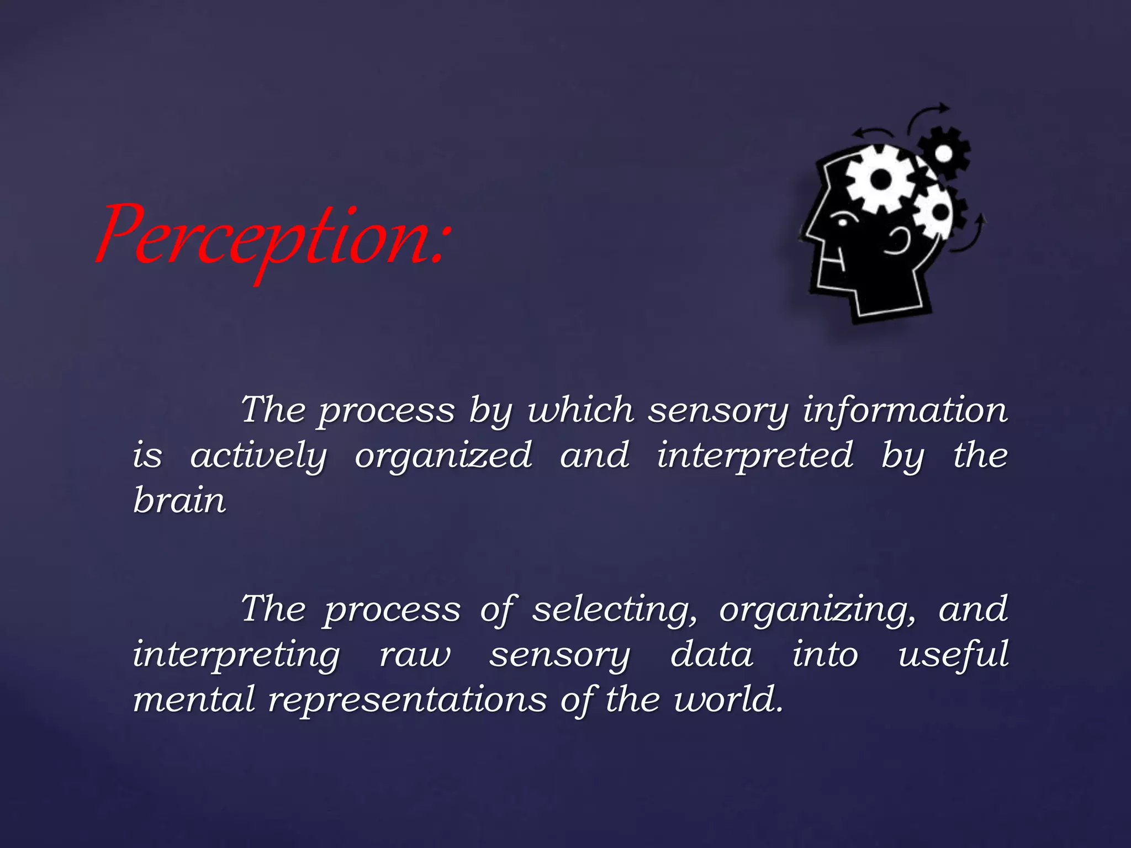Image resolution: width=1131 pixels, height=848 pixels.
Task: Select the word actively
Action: coord(258,457)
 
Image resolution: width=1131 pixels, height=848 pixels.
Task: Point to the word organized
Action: coord(443,457)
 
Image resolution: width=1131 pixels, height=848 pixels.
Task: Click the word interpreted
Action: coord(754,457)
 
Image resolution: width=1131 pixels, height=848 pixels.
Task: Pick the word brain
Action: coord(179,500)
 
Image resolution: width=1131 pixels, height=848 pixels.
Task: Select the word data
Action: coord(711,655)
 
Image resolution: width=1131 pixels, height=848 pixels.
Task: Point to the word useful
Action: coord(953,655)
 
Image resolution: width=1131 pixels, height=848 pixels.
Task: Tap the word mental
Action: coord(194,700)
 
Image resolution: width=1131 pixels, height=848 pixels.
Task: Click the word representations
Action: coord(408,700)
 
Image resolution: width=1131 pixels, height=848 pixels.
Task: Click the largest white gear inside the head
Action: coord(881,179)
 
